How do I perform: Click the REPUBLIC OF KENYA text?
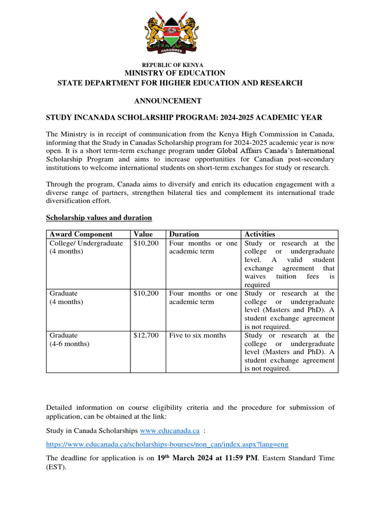point(173,65)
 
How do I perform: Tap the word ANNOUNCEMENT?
point(168,101)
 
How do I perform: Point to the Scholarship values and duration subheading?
point(99,218)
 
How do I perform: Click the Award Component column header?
point(81,234)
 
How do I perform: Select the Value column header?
point(143,234)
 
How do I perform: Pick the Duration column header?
point(184,234)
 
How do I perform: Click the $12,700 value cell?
point(146,335)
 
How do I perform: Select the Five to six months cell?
point(197,335)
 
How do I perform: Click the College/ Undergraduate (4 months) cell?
point(86,248)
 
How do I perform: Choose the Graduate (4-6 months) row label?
point(69,339)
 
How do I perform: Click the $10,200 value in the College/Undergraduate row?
point(146,244)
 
